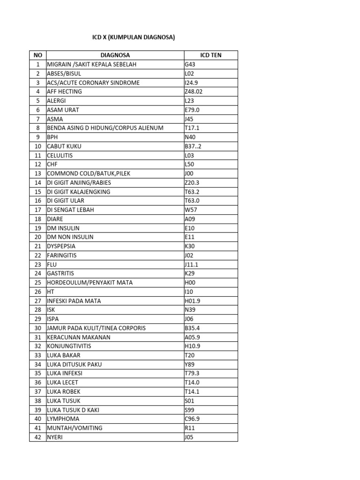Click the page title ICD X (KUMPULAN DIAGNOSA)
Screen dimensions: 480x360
coord(133,37)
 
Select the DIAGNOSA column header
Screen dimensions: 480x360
coord(115,55)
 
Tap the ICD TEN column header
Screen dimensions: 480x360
coord(210,55)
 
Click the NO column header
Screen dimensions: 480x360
coord(38,55)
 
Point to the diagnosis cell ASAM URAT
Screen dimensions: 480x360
coord(63,110)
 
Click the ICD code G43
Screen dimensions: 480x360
coord(190,64)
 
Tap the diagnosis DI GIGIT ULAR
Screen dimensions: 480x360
coord(66,201)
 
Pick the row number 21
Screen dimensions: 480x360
coord(38,246)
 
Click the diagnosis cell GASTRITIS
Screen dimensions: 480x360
coord(60,273)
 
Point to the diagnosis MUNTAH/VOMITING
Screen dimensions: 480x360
coord(75,428)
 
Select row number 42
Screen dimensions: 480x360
coord(38,437)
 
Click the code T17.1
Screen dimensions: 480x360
coord(192,128)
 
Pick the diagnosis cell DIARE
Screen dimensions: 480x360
coord(55,219)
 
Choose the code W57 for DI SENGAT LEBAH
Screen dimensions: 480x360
coord(191,210)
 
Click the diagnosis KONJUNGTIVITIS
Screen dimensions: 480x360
coord(69,346)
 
